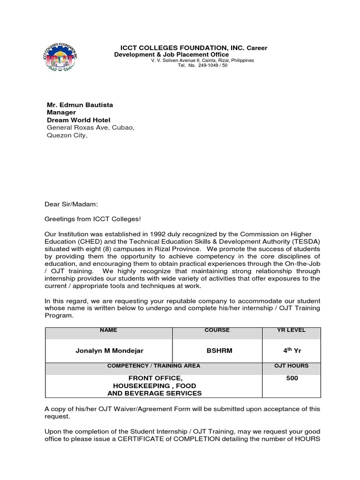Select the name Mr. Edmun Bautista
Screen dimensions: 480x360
tap(80, 105)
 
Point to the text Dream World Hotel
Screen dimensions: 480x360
tap(78, 120)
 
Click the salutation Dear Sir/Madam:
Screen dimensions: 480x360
tap(72, 204)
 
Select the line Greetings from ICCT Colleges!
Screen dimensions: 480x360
tap(92, 219)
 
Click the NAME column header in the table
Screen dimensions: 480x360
tap(108, 330)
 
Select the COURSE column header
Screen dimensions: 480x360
tap(217, 330)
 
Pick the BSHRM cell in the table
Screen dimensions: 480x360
tap(217, 351)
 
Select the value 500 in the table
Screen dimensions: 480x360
tap(292, 378)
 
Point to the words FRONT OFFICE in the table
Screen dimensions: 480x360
tap(155, 378)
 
